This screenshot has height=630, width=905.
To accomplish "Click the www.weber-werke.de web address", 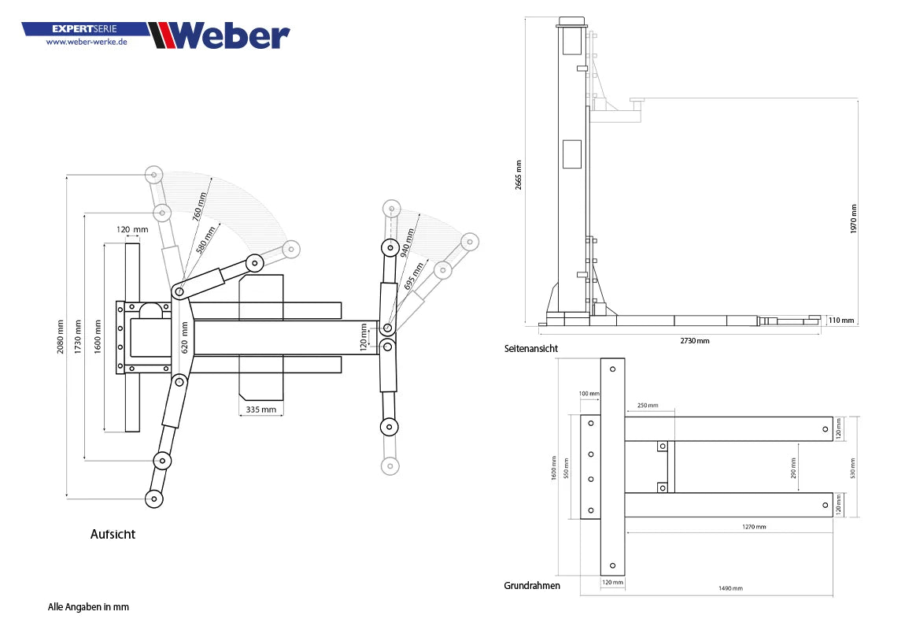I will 87,42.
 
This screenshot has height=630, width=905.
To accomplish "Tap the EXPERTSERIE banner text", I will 84,28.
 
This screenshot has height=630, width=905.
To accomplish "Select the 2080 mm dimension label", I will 61,336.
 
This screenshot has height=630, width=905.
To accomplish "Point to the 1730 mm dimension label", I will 78,336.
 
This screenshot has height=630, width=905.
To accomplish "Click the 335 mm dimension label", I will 260,409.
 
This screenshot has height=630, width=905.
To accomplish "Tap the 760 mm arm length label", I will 200,206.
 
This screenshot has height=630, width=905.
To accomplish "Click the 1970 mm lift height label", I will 854,218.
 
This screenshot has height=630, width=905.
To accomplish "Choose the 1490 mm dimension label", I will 730,587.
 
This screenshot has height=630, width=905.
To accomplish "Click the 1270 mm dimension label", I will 753,526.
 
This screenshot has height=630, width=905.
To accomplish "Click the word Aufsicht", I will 113,534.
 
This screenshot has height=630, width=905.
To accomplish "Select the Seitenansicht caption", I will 531,348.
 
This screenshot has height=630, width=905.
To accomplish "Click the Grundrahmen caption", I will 532,585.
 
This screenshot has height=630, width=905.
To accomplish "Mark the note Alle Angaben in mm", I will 88,607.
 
